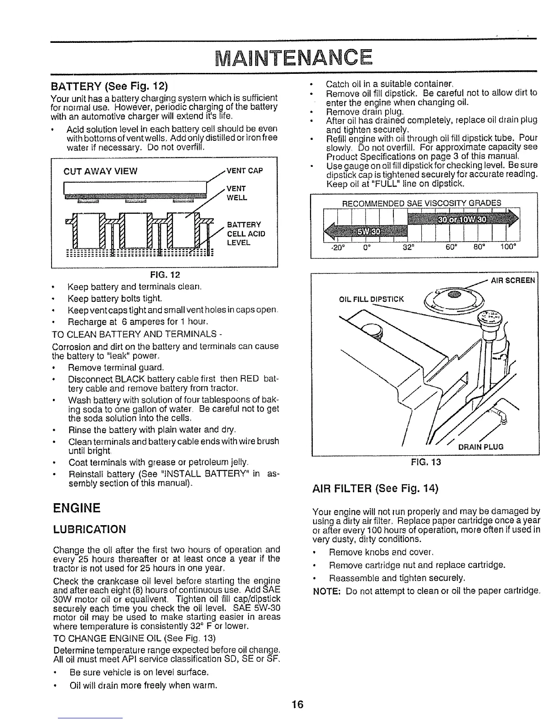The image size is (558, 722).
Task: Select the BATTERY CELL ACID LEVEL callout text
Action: click(x=246, y=233)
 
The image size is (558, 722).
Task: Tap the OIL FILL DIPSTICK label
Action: click(x=372, y=299)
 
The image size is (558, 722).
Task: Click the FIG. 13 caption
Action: click(x=425, y=462)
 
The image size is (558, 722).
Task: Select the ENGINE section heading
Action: click(x=77, y=508)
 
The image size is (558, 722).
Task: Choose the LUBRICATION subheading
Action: click(x=89, y=529)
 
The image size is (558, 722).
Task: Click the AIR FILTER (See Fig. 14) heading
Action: click(x=375, y=489)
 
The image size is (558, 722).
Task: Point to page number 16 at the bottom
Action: click(x=297, y=705)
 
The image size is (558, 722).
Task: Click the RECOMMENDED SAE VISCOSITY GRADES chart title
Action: click(x=421, y=202)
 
